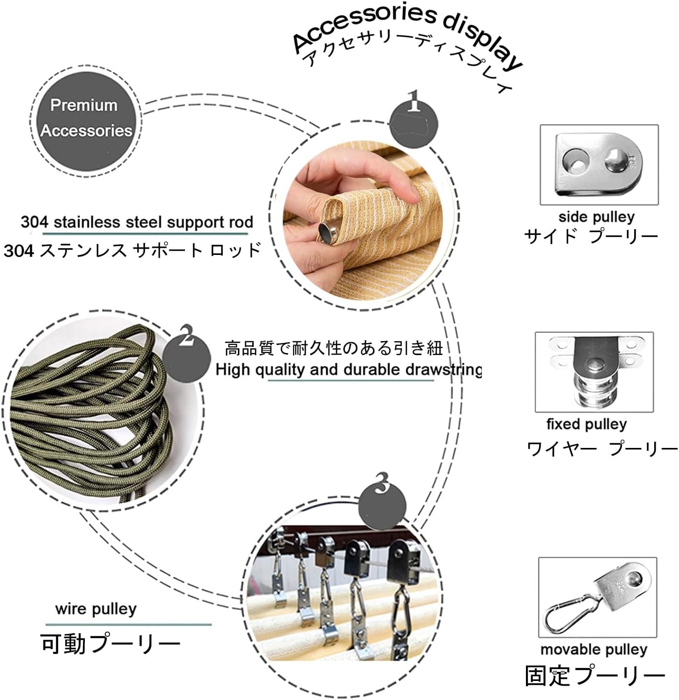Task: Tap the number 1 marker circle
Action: click(x=414, y=123)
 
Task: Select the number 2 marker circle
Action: click(x=186, y=358)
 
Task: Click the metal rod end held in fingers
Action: click(x=326, y=233)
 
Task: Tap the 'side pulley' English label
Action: click(x=596, y=217)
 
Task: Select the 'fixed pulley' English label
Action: click(x=586, y=425)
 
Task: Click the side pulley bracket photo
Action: click(x=599, y=165)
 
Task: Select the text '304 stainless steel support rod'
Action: click(x=137, y=222)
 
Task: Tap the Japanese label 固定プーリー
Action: click(x=595, y=676)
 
